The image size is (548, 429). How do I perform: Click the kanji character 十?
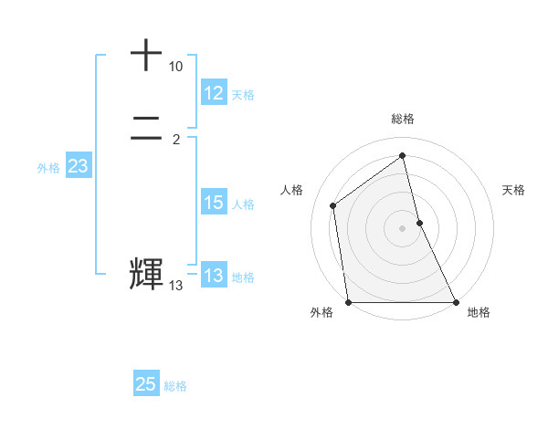(146, 56)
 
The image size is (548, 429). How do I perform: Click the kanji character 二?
(146, 131)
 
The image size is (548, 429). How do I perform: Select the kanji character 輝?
(146, 275)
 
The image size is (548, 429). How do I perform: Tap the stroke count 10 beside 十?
(175, 68)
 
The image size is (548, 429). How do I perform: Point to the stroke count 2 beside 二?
(175, 140)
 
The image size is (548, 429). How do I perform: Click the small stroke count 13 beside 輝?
(175, 286)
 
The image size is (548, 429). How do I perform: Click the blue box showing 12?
(214, 93)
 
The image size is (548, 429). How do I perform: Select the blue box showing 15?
(214, 203)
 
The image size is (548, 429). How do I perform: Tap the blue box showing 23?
(78, 167)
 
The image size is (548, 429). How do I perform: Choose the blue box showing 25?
(146, 384)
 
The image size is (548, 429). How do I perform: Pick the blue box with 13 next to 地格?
(214, 276)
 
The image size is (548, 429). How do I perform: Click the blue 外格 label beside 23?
(48, 168)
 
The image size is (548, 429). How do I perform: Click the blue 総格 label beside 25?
(175, 386)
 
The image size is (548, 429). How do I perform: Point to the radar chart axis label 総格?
(403, 119)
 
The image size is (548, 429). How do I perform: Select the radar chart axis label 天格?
(513, 190)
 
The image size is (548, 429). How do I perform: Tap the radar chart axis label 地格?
(479, 312)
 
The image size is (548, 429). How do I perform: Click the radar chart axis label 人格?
(292, 190)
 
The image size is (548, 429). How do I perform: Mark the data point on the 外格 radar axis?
(348, 302)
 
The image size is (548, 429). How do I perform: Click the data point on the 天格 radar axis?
(419, 223)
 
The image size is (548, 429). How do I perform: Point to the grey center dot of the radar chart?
(403, 228)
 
